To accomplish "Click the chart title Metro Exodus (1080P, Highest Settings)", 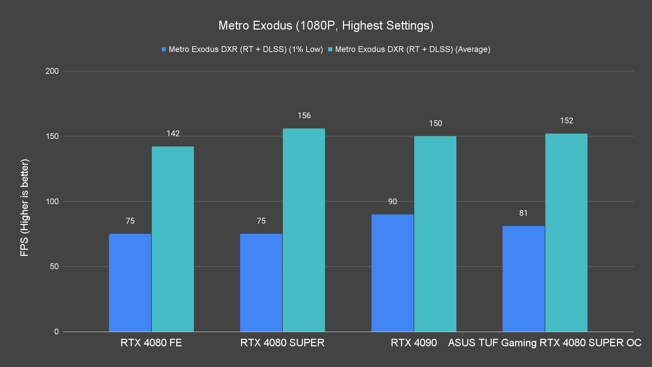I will click(x=326, y=25).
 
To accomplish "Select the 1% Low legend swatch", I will click(x=164, y=49).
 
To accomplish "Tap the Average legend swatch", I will click(x=330, y=49).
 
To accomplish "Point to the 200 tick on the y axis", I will click(x=52, y=71).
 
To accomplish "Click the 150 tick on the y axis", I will click(x=52, y=136).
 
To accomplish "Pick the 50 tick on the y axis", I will click(x=54, y=266).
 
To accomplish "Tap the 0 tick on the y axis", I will click(x=56, y=332).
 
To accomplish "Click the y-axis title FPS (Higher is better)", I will click(x=24, y=207).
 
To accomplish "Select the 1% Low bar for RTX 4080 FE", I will click(x=130, y=283).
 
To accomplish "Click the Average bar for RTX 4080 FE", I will click(x=173, y=239).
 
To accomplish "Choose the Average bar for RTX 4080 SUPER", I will click(x=304, y=230).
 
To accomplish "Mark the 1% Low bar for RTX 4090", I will click(x=392, y=273).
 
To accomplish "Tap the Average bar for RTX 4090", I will click(x=435, y=234).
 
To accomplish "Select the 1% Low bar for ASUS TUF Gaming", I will click(x=523, y=279).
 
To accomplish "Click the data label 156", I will click(x=304, y=116).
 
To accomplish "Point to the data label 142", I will click(x=173, y=134).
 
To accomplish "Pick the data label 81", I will click(x=523, y=213).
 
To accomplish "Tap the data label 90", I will click(x=392, y=202).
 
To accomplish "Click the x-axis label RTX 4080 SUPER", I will click(x=282, y=343).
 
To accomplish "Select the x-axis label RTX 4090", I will click(x=414, y=343).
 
